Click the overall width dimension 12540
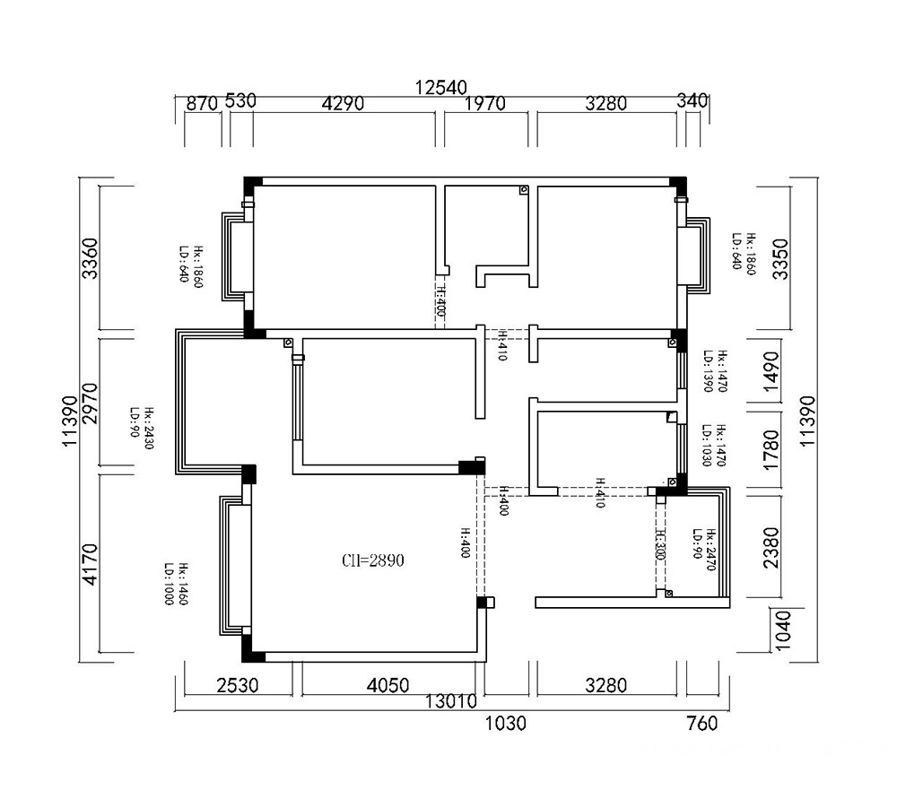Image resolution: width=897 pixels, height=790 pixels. (x=440, y=87)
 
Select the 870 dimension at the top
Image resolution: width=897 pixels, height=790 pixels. (x=202, y=103)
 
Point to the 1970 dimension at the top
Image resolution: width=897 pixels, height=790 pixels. (x=485, y=103)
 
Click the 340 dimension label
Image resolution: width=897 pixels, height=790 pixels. (x=694, y=100)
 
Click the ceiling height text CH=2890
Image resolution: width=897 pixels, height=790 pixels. (x=373, y=561)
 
